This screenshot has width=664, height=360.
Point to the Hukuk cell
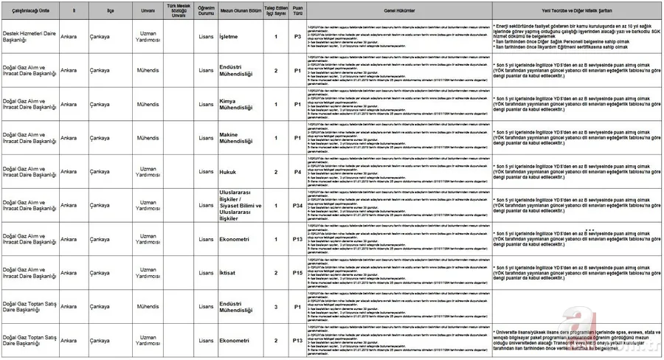click(229, 172)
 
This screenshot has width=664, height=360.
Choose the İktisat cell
click(229, 273)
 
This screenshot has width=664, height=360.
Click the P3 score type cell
click(297, 35)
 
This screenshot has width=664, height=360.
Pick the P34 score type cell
click(297, 206)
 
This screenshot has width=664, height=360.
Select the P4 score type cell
click(297, 172)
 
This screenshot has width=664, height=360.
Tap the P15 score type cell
click(297, 273)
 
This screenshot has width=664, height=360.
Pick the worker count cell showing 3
click(276, 307)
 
